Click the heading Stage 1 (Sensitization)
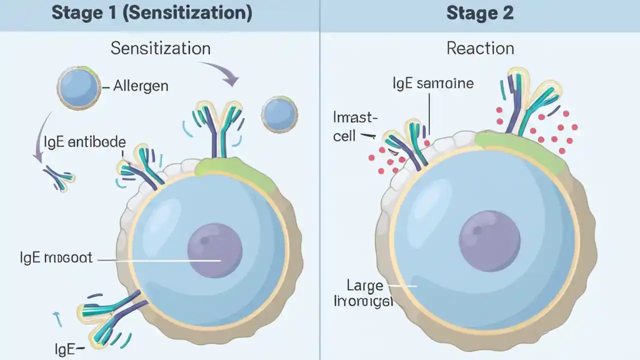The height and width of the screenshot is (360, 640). [x=151, y=13]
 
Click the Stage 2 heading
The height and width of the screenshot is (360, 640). [x=479, y=13]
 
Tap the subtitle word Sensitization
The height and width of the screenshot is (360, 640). [x=160, y=48]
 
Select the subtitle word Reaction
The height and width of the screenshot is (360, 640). [x=480, y=48]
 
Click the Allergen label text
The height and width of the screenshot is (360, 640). [x=140, y=86]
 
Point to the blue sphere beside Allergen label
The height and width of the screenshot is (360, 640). [x=79, y=88]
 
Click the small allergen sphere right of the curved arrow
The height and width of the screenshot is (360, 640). [x=279, y=114]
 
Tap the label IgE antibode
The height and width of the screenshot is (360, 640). [x=84, y=142]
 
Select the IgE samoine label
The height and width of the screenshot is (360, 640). [x=433, y=82]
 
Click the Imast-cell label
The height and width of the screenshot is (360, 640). [x=354, y=126]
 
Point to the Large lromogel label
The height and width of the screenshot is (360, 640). [x=364, y=293]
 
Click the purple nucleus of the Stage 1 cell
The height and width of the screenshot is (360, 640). [x=214, y=250]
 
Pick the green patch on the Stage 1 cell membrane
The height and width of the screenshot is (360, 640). [x=235, y=172]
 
